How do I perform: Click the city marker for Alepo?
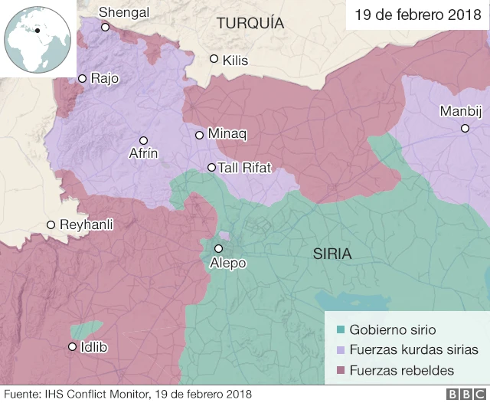click(x=218, y=248)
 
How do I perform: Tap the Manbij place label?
click(x=460, y=112)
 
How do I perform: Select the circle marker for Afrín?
click(x=143, y=140)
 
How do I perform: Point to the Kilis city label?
click(x=235, y=60)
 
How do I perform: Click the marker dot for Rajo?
click(x=82, y=78)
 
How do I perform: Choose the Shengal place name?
click(x=124, y=12)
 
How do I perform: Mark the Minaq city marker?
click(x=199, y=135)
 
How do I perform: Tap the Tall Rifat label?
click(x=244, y=168)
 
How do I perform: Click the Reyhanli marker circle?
click(x=51, y=224)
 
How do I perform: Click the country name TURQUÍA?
click(x=250, y=24)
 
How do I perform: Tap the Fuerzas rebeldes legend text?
click(x=401, y=370)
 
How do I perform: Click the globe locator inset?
click(x=38, y=38)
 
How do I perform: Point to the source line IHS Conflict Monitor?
click(x=127, y=395)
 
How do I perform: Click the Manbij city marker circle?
click(x=465, y=128)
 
